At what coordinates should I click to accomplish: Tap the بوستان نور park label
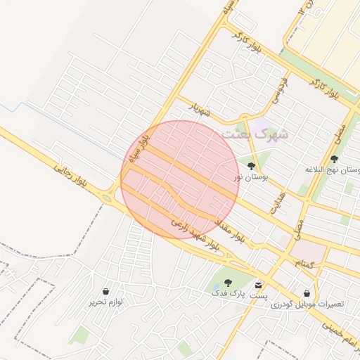248,177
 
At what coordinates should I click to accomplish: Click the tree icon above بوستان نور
251,166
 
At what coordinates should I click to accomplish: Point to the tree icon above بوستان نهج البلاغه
334,159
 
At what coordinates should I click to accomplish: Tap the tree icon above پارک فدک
226,283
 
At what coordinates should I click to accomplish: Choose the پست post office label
259,296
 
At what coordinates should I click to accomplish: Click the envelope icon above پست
259,285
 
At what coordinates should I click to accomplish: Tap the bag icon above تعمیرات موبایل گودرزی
307,292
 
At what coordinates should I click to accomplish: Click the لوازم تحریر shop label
105,302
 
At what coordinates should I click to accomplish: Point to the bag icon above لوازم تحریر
105,290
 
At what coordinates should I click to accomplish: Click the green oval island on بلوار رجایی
107,199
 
